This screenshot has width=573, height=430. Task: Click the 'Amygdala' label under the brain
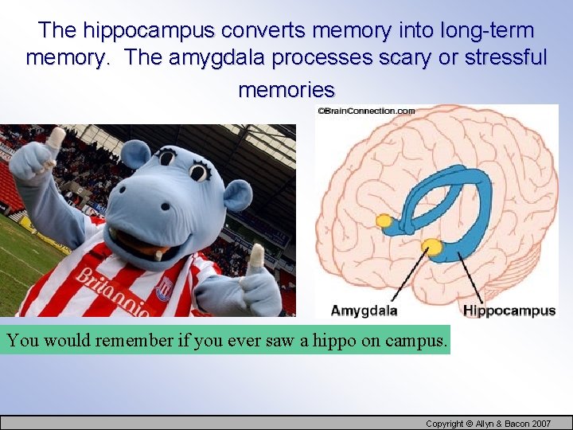364,311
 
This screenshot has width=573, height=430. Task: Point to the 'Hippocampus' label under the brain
509,311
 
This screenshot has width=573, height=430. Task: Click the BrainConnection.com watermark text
366,111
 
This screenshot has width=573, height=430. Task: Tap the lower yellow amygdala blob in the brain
432,246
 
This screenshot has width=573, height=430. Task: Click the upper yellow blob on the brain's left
385,220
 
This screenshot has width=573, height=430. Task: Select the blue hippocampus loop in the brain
446,203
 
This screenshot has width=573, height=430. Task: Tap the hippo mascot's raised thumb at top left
55,141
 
